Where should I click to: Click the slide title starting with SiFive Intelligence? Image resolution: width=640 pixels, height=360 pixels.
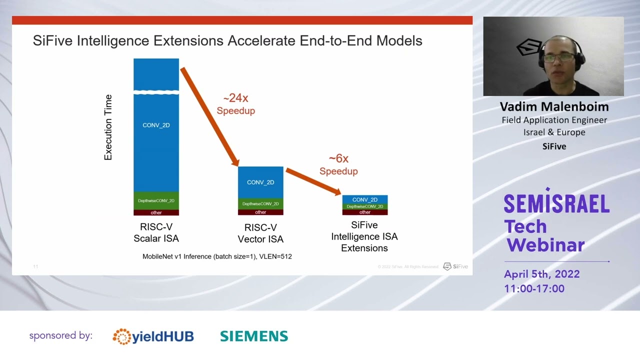(227, 40)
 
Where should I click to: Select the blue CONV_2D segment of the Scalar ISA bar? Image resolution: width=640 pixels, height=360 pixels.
(156, 140)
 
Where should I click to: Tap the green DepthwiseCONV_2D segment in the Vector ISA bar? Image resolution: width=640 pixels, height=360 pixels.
(260, 203)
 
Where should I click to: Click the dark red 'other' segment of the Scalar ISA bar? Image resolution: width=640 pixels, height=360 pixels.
(156, 212)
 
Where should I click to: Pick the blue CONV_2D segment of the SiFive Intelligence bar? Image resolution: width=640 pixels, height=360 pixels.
(365, 199)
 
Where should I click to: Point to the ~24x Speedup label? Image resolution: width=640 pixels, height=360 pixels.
(235, 104)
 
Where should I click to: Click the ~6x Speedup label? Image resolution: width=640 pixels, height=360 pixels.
(338, 164)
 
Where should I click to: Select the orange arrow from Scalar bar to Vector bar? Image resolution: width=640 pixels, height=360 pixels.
(209, 116)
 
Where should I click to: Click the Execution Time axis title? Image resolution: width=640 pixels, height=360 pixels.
(108, 127)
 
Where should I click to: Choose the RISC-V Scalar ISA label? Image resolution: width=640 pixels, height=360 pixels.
(156, 233)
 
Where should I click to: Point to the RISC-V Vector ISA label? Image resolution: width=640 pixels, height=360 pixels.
(260, 233)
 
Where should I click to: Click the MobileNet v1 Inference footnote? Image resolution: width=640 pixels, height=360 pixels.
(217, 256)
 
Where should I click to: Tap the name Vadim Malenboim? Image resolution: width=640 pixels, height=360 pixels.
(554, 107)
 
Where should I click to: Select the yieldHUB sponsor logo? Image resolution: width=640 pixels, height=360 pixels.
(153, 336)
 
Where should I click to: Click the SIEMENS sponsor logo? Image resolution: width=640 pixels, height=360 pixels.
(254, 336)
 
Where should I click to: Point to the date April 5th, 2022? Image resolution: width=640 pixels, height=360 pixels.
(542, 274)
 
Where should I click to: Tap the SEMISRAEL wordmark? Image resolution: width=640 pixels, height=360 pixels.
(556, 202)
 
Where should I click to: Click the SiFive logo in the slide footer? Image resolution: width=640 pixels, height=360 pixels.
(455, 266)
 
